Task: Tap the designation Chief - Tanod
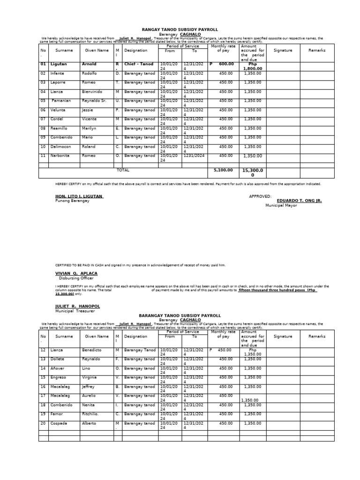coord(139,64)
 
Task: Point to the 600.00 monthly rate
coord(226,64)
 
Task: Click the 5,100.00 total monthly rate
coord(223,171)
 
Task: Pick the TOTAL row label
coord(123,170)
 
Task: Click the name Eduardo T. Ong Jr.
coord(299,200)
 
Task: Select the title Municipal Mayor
coord(281,205)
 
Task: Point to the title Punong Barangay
coord(72,201)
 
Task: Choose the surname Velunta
coord(58,110)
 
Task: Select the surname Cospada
coord(59,423)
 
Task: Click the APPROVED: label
coord(260,196)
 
